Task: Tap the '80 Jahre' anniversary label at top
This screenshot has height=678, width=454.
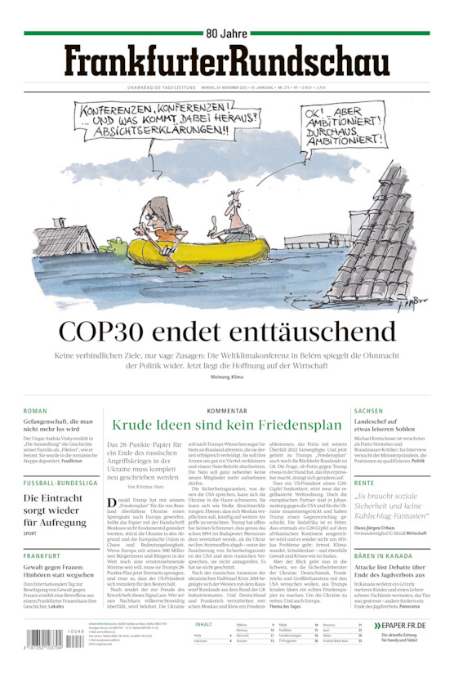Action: [x=226, y=33]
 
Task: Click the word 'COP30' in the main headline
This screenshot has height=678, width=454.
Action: [x=110, y=331]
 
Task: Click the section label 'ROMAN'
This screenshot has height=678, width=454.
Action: [x=35, y=411]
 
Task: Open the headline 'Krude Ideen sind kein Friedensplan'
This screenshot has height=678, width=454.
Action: [x=226, y=425]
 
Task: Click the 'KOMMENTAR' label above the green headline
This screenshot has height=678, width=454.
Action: [x=226, y=411]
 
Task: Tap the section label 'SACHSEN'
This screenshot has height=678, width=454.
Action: [x=369, y=411]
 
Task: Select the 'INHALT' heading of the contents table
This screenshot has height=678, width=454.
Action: [x=204, y=624]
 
